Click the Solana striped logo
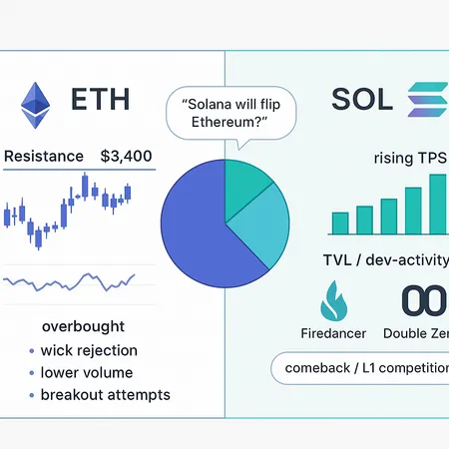point(426,102)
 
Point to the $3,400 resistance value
point(127,157)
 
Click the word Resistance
point(44,157)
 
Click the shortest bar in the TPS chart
point(340,223)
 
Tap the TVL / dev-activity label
point(384,259)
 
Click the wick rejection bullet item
point(89,350)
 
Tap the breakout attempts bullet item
point(105,394)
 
